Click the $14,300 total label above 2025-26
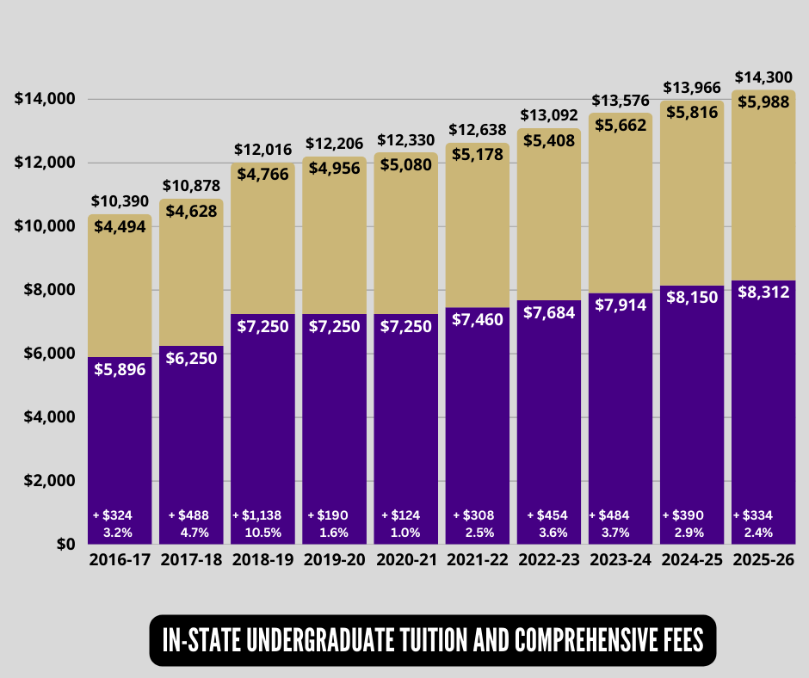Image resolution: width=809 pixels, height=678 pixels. point(763,77)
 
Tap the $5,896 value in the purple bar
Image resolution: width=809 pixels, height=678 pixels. point(120,369)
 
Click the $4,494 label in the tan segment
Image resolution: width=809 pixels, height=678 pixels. point(120,227)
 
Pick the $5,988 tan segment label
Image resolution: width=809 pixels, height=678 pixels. point(763,102)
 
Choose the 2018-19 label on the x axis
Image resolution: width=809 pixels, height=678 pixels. point(262,560)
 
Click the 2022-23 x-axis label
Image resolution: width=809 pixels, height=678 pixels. point(548,560)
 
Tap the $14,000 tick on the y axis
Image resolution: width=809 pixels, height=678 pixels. point(46,99)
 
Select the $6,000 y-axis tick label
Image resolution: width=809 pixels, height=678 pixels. point(49,354)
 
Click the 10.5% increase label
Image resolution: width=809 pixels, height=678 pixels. point(262,532)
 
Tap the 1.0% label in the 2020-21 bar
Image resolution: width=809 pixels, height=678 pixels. point(405,532)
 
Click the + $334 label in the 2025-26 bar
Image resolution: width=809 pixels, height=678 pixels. point(753,515)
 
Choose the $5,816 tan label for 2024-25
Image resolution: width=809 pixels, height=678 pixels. point(692,112)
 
